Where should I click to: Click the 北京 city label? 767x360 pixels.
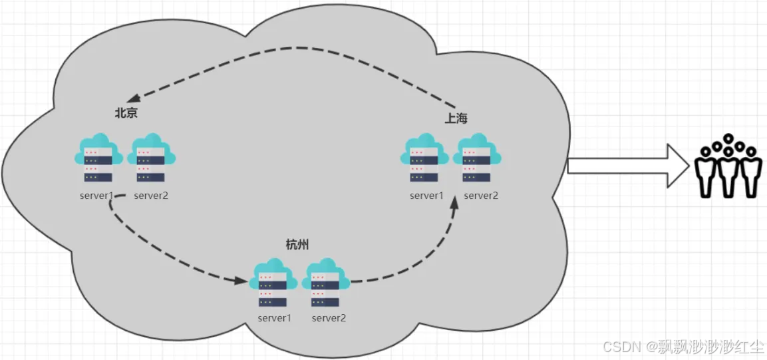click(126, 113)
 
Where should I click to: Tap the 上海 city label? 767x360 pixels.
click(456, 118)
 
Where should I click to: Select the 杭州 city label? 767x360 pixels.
click(297, 246)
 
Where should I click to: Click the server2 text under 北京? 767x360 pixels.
click(151, 196)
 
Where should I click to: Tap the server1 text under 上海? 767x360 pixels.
click(426, 195)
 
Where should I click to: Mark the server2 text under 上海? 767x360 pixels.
click(480, 195)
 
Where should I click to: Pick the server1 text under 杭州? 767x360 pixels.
click(274, 317)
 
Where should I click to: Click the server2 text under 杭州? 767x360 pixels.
click(329, 317)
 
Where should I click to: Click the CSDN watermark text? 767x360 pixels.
click(683, 346)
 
